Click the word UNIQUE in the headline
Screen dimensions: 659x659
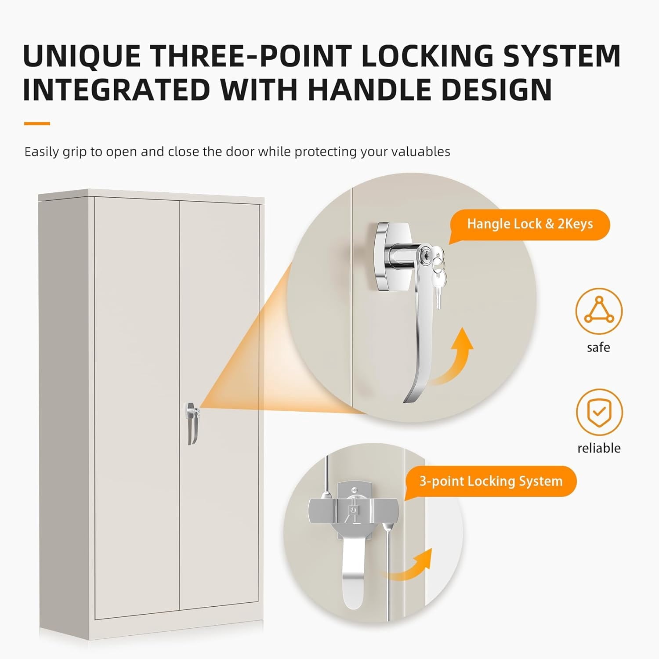[x=82, y=56]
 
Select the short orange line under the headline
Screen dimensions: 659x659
[x=37, y=124]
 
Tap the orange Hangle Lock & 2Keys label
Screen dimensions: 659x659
[x=529, y=224]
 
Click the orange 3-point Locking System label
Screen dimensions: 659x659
[x=490, y=482]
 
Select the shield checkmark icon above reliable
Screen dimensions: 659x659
[x=599, y=412]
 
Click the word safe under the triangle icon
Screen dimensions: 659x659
[x=598, y=348]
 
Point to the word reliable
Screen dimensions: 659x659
[x=599, y=448]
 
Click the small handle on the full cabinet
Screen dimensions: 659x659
[x=192, y=423]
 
